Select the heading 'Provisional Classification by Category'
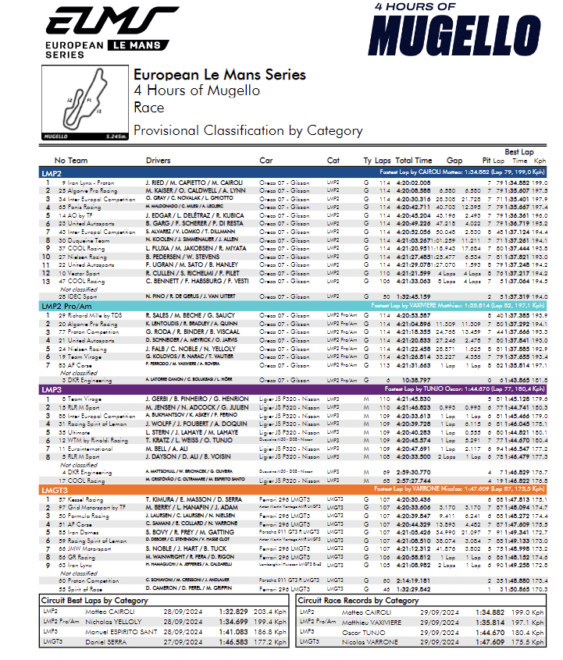point(248,131)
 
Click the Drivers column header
point(157,160)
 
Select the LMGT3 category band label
point(55,489)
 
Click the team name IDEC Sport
point(77,296)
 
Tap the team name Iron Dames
point(79,531)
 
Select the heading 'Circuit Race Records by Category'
point(359,601)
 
